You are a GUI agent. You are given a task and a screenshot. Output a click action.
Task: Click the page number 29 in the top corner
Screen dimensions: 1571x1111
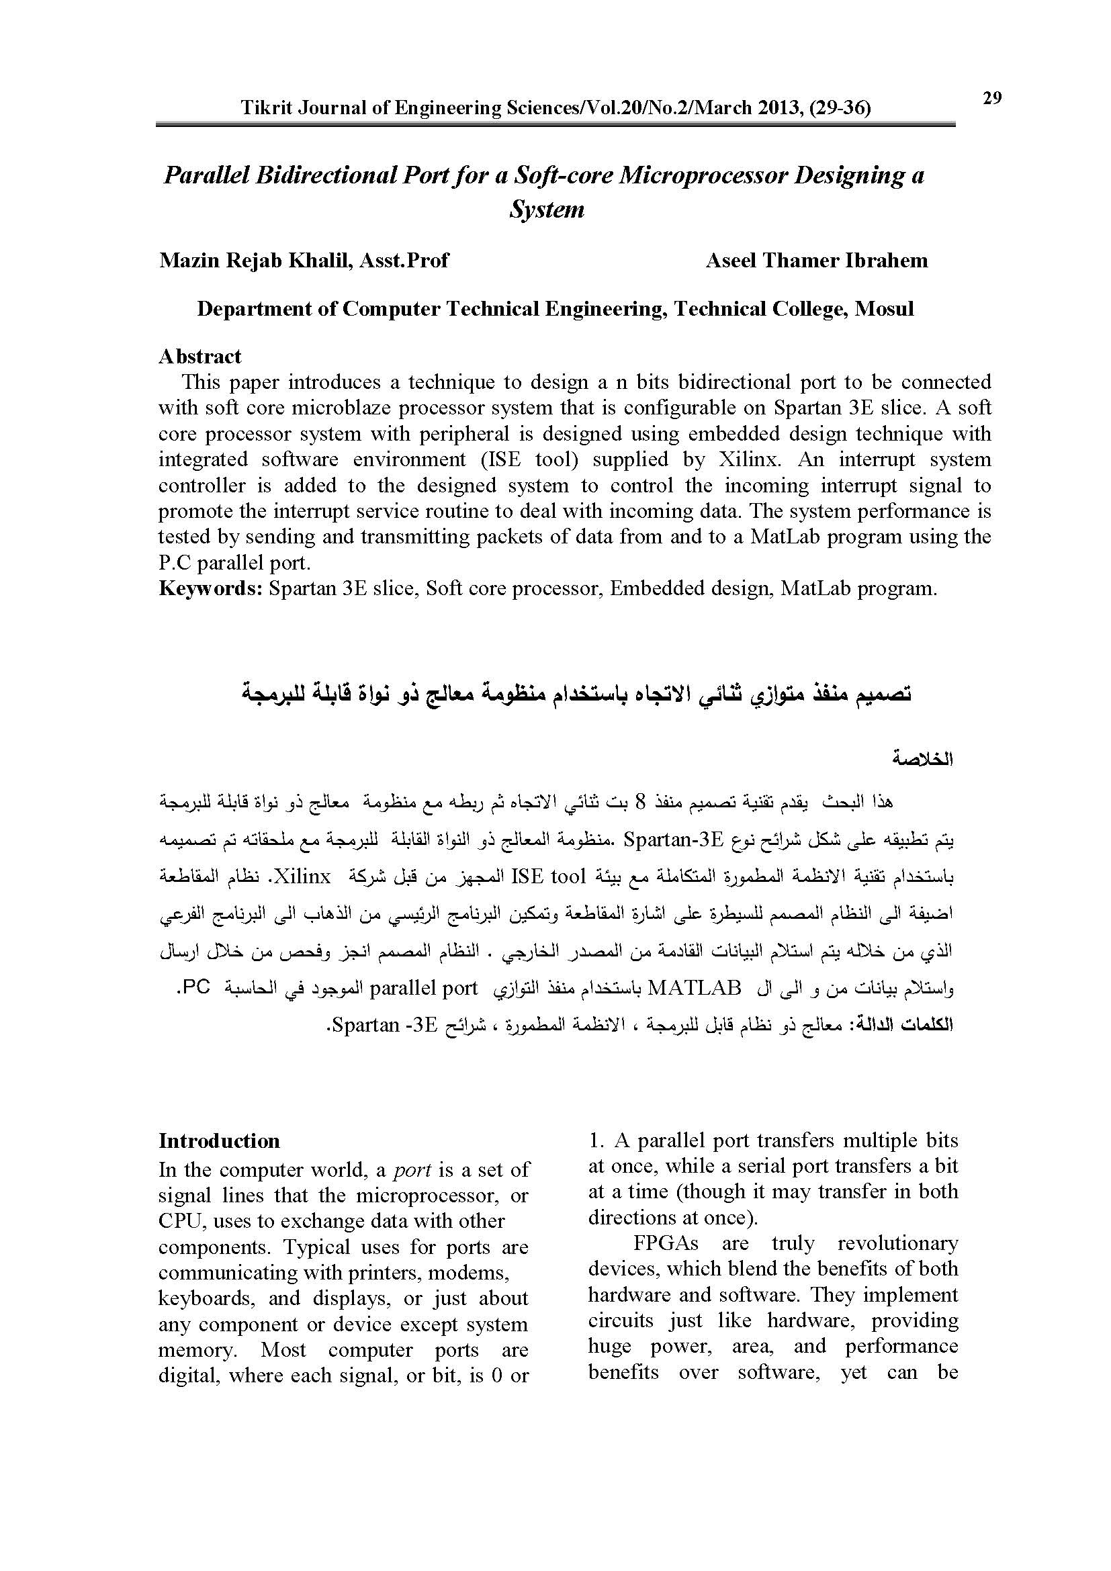pyautogui.click(x=992, y=99)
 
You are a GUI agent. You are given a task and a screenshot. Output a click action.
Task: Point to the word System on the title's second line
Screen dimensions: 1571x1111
pyautogui.click(x=547, y=210)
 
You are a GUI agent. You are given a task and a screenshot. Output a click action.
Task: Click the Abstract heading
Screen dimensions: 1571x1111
pyautogui.click(x=199, y=357)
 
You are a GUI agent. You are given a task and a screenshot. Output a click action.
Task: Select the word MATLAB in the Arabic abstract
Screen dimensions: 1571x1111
pyautogui.click(x=695, y=988)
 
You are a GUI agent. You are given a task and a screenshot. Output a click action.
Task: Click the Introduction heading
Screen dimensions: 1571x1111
pyautogui.click(x=219, y=1140)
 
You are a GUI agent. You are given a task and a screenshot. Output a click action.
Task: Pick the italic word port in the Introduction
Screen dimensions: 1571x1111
pyautogui.click(x=412, y=1170)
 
